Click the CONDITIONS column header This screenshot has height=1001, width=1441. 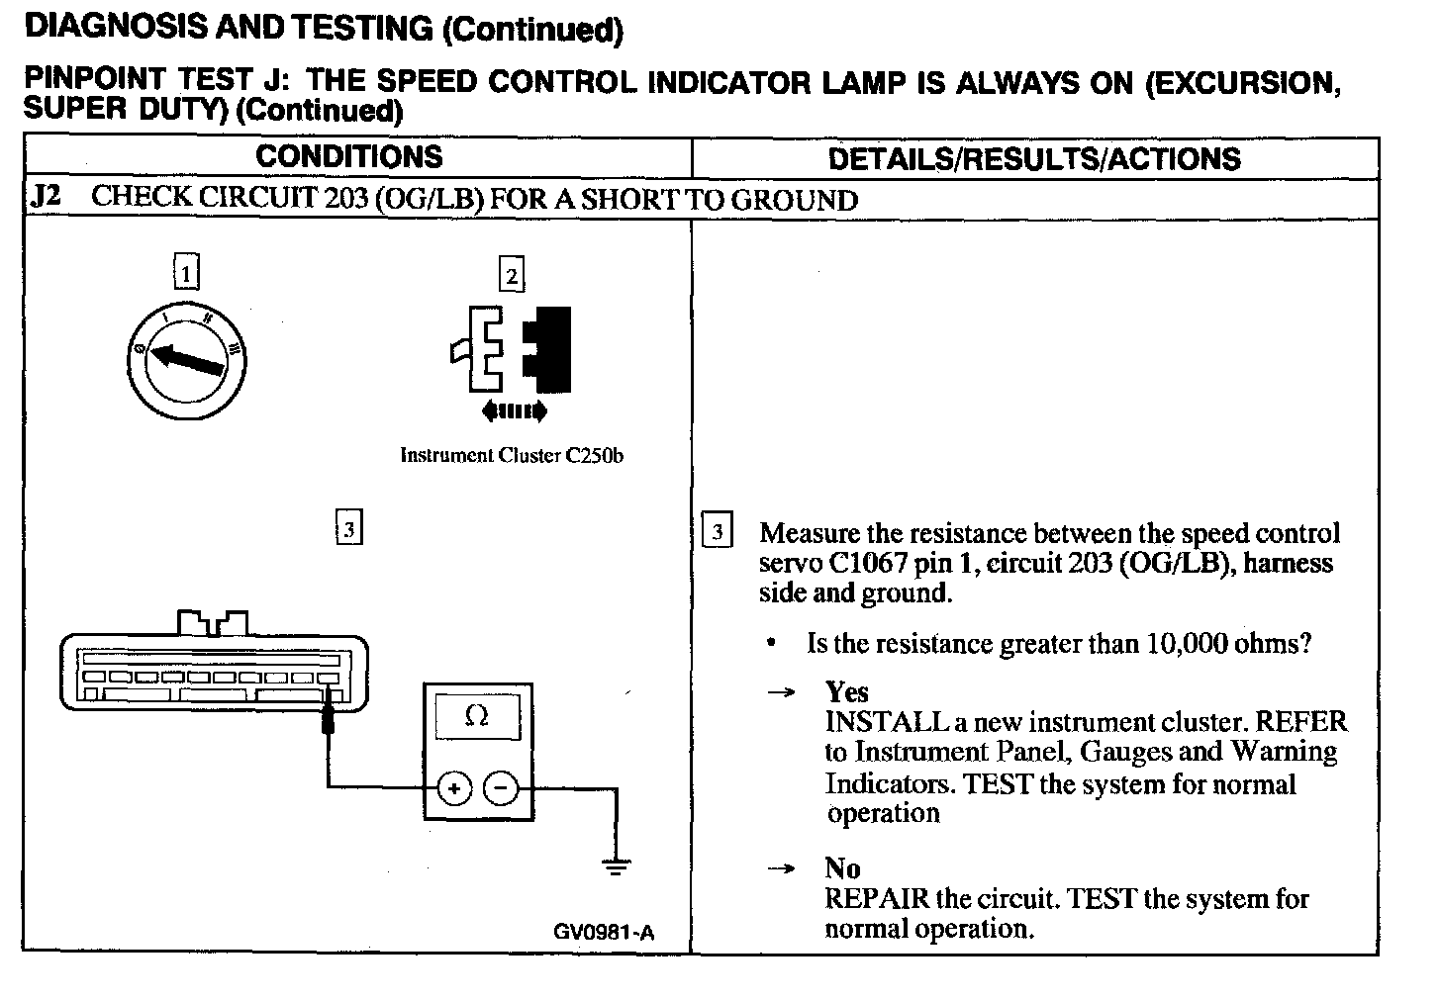coord(348,156)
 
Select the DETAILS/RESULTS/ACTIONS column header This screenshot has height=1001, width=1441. coord(1034,158)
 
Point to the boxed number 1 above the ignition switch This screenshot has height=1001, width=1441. coord(186,271)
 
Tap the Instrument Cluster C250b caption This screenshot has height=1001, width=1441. coord(511,456)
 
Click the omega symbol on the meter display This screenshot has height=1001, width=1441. coord(476,715)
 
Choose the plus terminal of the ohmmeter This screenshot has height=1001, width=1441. coord(453,788)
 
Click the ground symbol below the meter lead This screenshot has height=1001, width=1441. coord(616,868)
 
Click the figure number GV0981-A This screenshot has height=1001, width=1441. coord(604,932)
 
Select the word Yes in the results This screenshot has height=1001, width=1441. coord(846,691)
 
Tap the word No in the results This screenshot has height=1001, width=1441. coord(842,868)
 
